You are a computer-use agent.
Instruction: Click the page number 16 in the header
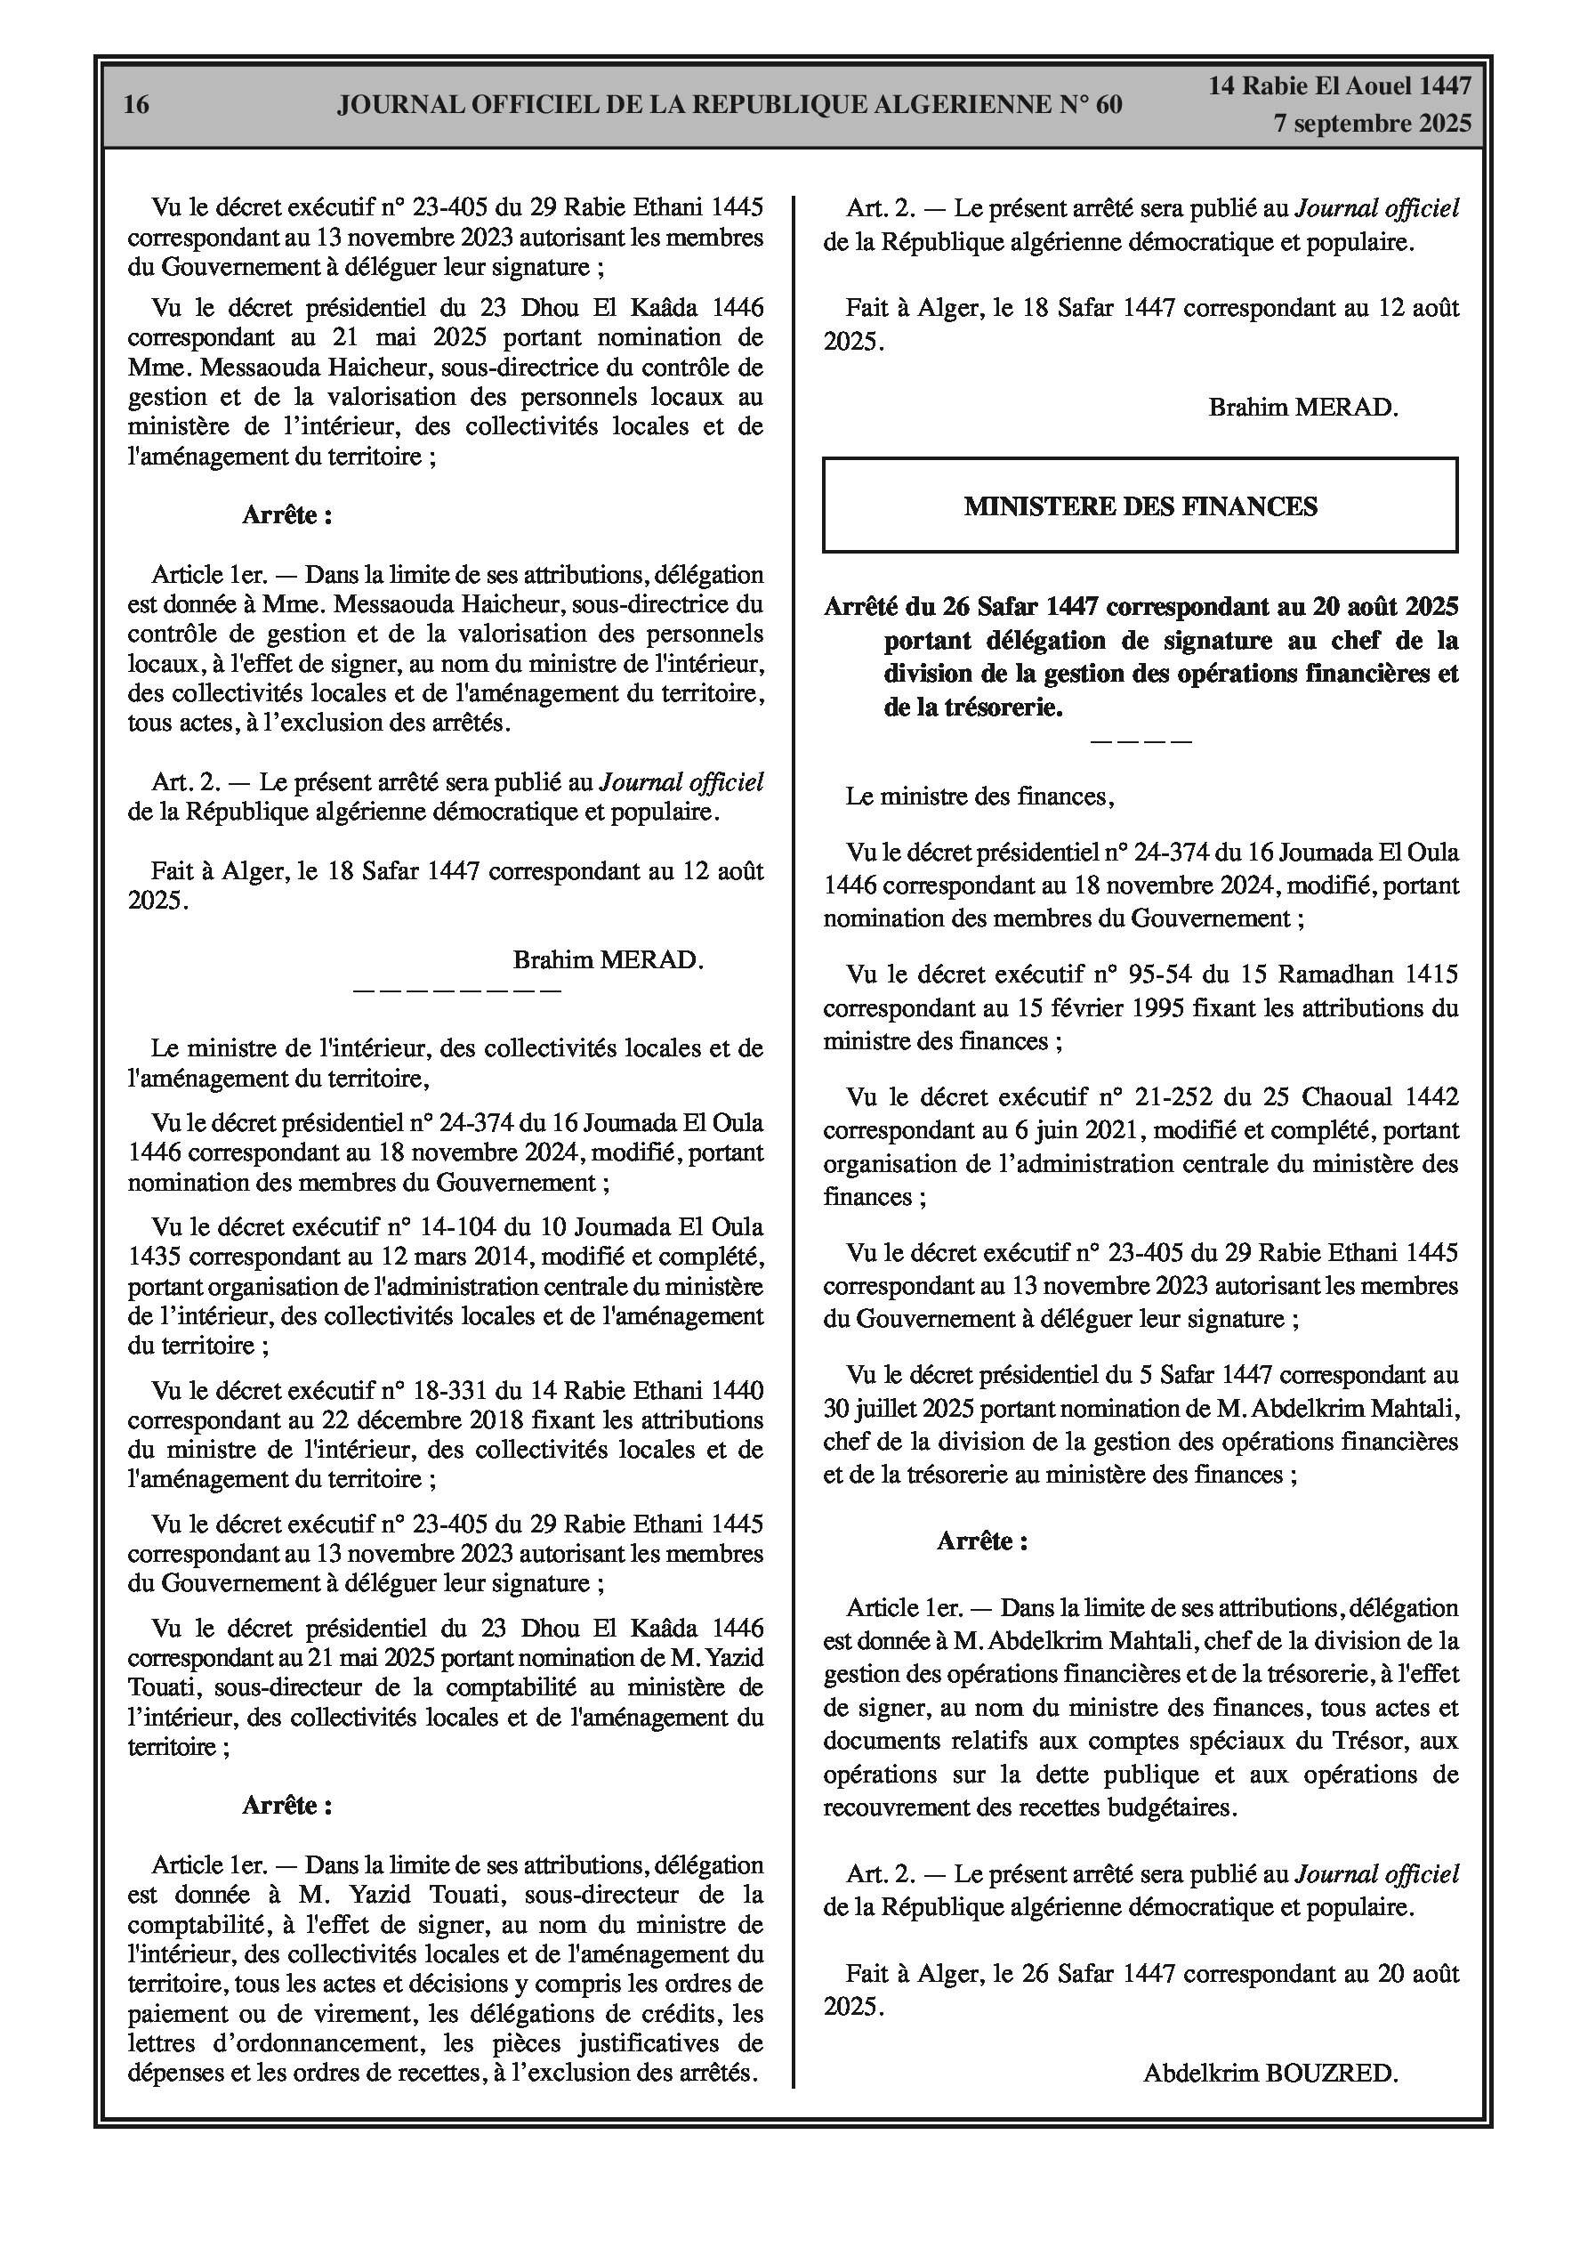(136, 105)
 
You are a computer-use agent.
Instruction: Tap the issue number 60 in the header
(1108, 105)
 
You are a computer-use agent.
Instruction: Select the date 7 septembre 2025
(1372, 124)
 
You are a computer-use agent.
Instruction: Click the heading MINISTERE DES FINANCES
(1140, 506)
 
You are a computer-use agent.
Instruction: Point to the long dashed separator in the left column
(456, 990)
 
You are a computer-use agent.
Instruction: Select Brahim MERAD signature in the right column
(1303, 408)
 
